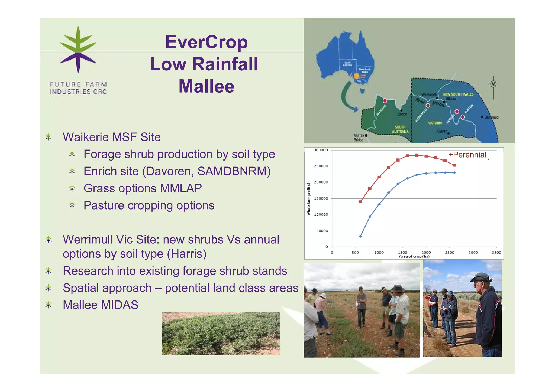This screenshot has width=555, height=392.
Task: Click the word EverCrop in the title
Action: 206,42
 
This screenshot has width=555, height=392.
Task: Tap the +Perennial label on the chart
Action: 467,155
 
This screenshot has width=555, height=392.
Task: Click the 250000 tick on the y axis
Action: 321,166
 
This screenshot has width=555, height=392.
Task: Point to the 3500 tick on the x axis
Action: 496,253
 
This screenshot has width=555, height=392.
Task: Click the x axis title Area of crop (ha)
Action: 414,256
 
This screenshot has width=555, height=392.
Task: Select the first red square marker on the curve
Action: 360,202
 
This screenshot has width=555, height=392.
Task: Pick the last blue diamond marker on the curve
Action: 454,173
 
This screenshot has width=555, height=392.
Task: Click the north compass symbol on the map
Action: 493,84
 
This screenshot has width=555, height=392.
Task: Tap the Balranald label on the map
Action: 491,117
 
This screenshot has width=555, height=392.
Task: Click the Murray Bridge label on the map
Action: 359,138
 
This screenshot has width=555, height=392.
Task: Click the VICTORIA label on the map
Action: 435,123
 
